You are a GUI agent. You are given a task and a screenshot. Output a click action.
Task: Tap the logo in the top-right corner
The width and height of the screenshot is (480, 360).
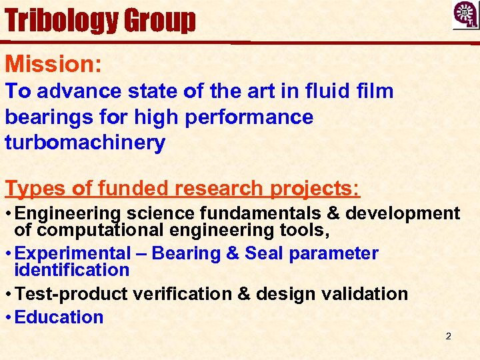click(x=465, y=15)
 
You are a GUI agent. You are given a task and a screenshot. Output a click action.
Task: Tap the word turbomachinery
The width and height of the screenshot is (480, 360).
click(x=85, y=143)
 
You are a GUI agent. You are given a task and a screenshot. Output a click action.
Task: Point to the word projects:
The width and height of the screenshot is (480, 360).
click(x=315, y=189)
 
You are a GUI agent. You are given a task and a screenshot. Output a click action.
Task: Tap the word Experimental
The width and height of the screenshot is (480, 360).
click(x=73, y=253)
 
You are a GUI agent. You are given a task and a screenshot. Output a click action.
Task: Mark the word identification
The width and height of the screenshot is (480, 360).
click(x=72, y=270)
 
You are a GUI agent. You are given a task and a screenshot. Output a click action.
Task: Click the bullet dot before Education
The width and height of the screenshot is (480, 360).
click(x=8, y=317)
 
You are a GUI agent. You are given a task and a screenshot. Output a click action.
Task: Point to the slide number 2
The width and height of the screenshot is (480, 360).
click(x=448, y=336)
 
